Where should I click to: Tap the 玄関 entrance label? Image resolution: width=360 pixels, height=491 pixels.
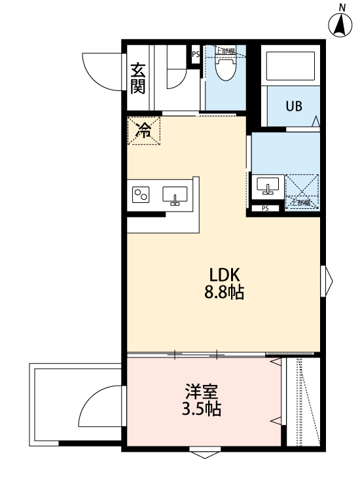(137, 78)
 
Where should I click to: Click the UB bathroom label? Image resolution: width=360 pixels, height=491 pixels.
(293, 106)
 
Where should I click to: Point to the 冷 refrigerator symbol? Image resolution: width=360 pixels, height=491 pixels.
(143, 130)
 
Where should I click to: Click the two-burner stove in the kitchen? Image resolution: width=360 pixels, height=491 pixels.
(142, 194)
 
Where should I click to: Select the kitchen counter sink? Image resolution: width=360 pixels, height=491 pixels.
(175, 195)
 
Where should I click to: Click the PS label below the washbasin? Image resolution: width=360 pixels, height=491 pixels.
(264, 209)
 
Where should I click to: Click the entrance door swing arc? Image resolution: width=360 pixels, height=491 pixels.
(103, 71)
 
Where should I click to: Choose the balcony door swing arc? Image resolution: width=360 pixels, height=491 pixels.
(99, 407)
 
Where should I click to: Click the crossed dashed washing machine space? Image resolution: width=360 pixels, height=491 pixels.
(302, 191)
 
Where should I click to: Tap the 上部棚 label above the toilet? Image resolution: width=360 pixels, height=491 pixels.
(226, 50)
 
